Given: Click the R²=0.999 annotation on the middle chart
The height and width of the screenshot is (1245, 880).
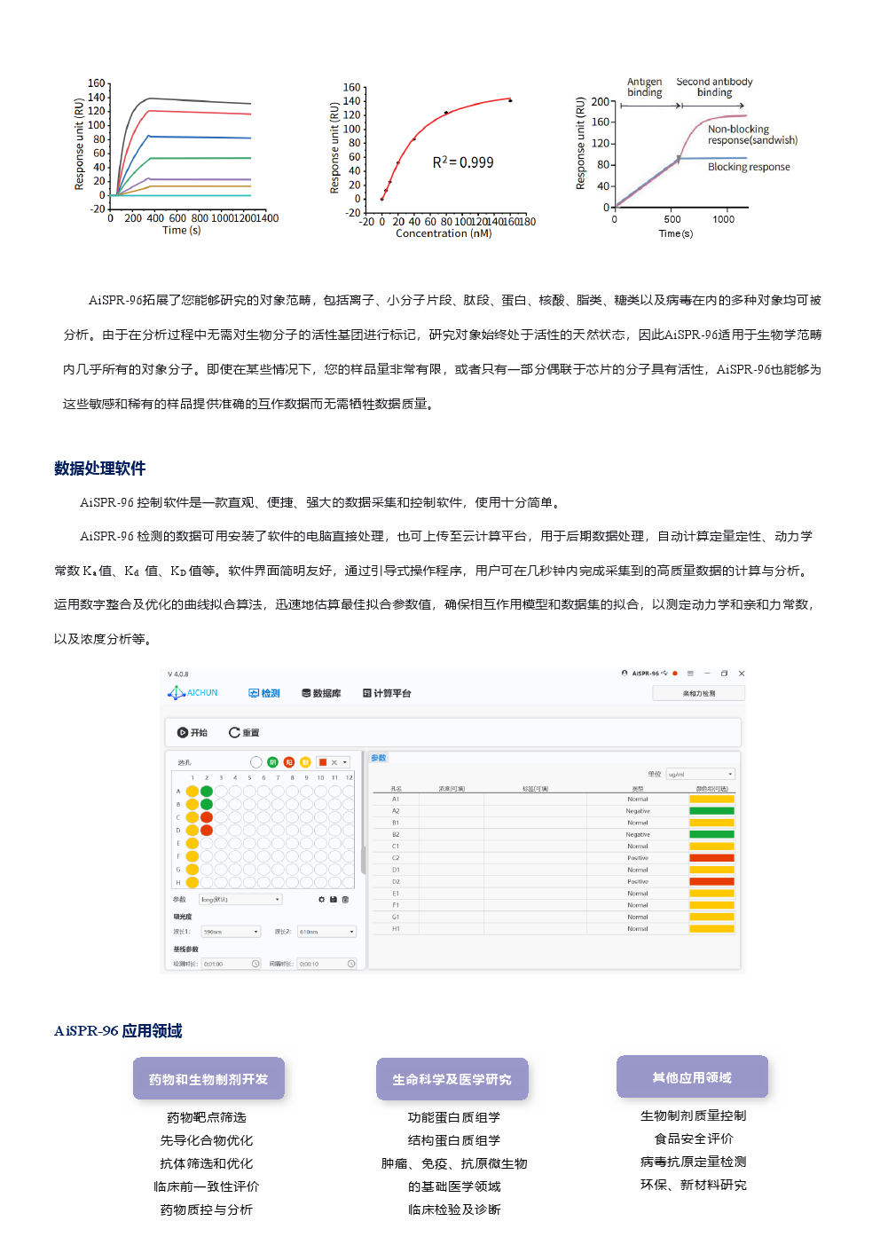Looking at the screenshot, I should pos(463,162).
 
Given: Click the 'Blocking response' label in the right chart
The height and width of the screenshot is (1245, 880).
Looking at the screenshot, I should pos(748,167).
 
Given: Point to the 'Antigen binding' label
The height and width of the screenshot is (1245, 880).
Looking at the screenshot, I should pos(645,87).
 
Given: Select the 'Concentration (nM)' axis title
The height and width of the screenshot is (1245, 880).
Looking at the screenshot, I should pos(444,233).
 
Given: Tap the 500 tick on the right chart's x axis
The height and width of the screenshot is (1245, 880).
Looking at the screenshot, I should pos(672,219).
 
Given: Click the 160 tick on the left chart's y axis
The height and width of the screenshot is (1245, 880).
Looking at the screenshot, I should pos(96,83).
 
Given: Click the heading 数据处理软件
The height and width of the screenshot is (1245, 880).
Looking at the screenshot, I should pos(99,469).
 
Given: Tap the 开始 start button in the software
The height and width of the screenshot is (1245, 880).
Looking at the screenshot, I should pos(192,733).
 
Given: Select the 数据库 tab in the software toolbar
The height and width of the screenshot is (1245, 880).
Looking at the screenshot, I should pos(321,693).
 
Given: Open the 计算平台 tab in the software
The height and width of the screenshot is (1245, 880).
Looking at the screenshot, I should pos(387,693).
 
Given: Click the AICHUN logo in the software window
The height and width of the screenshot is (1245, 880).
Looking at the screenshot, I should pos(193,693).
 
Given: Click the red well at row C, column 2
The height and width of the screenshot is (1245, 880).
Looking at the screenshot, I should pos(207,817).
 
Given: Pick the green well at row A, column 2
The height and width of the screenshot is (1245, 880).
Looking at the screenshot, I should pos(207,792).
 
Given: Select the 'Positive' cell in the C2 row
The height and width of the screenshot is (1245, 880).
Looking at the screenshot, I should pos(638,858).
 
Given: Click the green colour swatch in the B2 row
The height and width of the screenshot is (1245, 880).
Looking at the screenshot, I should pos(711,834).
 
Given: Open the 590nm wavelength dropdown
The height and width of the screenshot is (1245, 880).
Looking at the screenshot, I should pos(231,932).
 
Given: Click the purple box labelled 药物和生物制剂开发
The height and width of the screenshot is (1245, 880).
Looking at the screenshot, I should pos(208,1079).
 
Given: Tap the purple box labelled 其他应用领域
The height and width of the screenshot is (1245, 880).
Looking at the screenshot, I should pos(692,1077).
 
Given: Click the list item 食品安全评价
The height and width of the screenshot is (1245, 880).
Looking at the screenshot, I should pos(694,1139).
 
